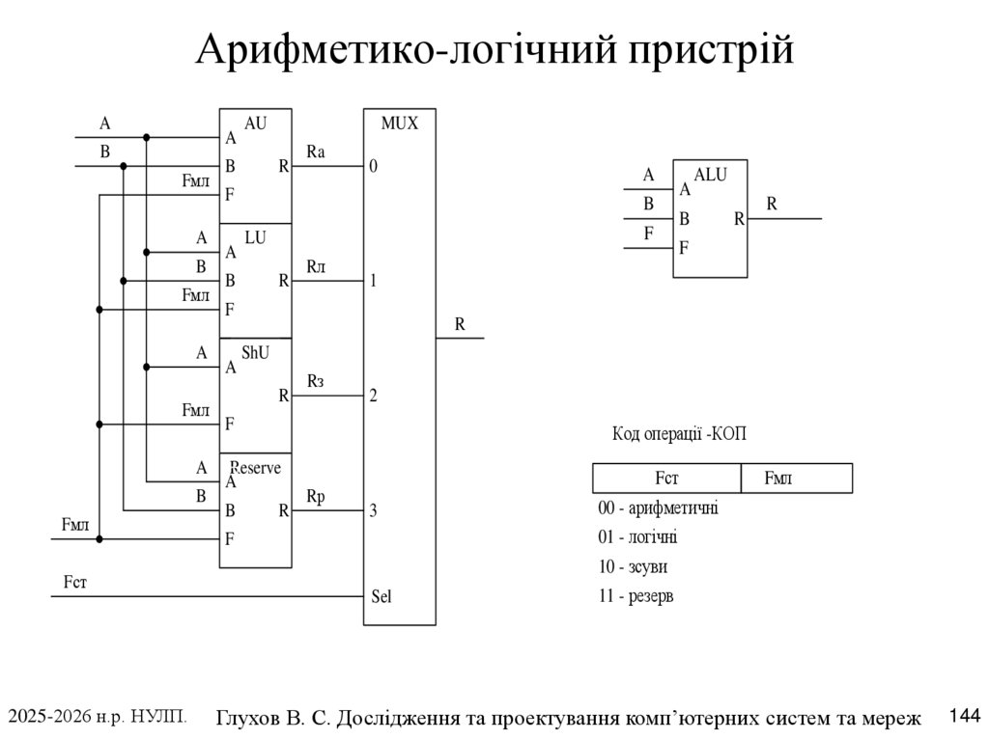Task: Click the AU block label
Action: point(255,123)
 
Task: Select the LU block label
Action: point(255,237)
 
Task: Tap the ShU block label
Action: point(255,352)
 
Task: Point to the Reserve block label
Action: point(255,468)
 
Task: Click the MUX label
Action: point(399,123)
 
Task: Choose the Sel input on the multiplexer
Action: point(381,595)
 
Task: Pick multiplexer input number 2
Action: point(373,396)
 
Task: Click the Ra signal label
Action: point(316,151)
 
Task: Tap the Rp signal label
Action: point(316,497)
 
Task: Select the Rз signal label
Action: point(316,381)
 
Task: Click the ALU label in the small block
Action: point(710,175)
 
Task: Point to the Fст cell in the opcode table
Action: point(666,478)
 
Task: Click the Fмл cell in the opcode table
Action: point(797,478)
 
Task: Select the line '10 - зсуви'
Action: point(633,566)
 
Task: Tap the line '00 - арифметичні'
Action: point(658,507)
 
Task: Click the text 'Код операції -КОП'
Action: point(679,433)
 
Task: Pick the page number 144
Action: point(965,716)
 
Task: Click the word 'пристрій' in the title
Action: point(711,49)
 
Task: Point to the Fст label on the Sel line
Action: point(75,581)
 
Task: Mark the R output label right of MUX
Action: point(460,324)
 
